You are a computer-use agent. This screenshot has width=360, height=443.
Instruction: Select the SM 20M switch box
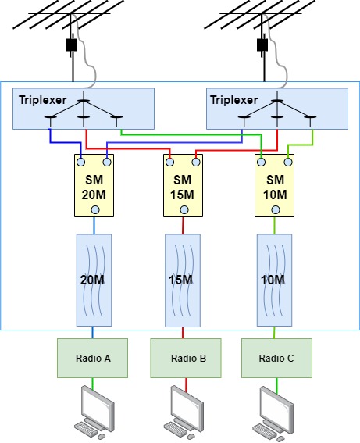(x=95, y=186)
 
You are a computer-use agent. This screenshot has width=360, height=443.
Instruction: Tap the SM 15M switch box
(x=184, y=186)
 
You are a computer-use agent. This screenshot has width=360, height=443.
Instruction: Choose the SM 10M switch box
(x=275, y=186)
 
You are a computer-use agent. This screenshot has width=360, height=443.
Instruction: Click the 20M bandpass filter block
(x=95, y=279)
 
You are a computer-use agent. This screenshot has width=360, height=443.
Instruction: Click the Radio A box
(x=93, y=359)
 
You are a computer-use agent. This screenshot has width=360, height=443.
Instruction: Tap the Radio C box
(x=276, y=359)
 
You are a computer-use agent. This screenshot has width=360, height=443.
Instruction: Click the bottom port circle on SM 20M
(x=95, y=209)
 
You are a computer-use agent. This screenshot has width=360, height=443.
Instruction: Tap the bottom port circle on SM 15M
(x=184, y=209)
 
